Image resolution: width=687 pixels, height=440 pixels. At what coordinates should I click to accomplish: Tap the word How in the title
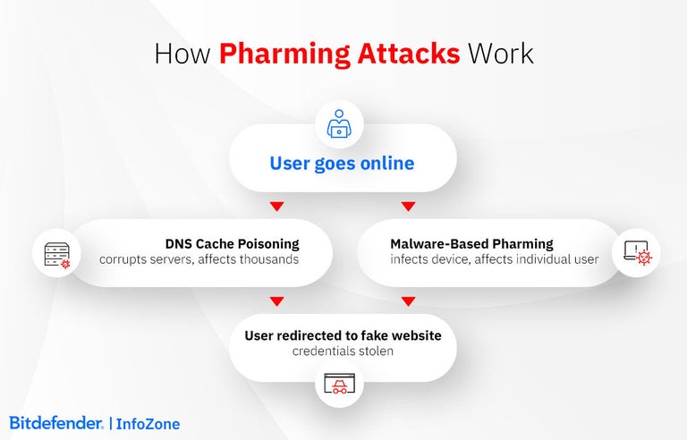click(183, 53)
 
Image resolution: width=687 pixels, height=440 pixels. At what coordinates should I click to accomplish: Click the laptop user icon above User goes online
click(338, 124)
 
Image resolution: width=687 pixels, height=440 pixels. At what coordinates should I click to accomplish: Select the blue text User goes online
click(343, 164)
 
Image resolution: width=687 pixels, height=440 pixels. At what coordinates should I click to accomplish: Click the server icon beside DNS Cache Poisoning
click(51, 253)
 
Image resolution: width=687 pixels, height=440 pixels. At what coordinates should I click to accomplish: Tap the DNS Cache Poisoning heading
click(232, 243)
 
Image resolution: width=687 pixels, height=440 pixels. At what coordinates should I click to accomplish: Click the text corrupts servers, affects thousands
click(199, 260)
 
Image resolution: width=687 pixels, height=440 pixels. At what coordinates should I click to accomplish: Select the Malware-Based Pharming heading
click(471, 243)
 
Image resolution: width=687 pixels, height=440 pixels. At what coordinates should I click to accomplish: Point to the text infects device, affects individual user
click(494, 260)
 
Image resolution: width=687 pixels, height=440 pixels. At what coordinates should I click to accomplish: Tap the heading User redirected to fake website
click(343, 335)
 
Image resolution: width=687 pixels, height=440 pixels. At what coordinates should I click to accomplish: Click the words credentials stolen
click(343, 351)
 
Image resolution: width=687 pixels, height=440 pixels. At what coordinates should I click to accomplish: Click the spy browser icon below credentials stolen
click(343, 385)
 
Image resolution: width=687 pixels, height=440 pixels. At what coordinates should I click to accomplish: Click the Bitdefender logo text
click(55, 423)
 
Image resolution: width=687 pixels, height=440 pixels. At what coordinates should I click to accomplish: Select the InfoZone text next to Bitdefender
click(148, 423)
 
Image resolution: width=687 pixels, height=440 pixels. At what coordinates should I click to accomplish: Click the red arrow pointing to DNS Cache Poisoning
click(276, 207)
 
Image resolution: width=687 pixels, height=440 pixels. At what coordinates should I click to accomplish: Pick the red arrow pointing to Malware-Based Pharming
click(408, 207)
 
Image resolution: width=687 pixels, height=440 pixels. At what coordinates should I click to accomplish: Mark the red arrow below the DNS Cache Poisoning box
click(276, 301)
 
